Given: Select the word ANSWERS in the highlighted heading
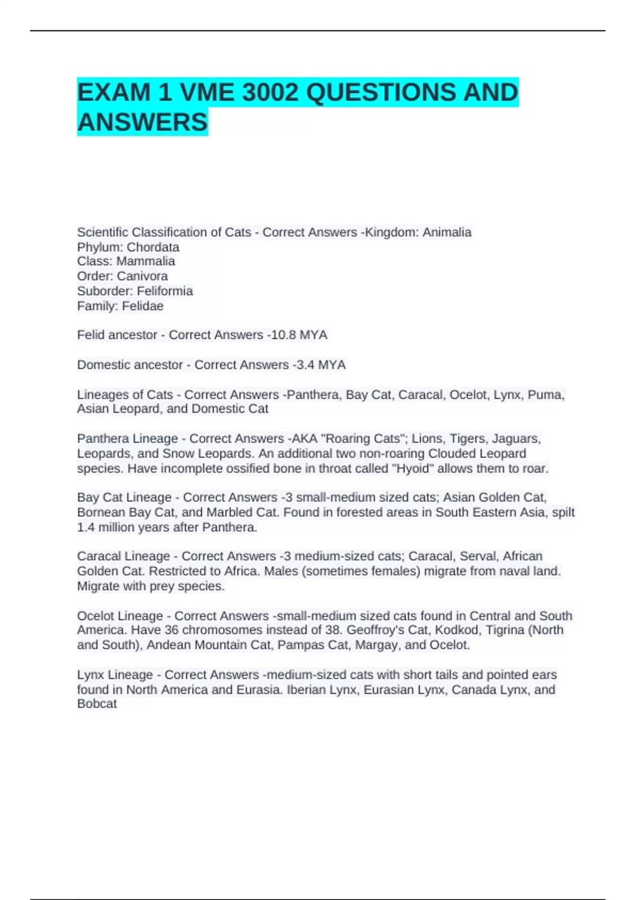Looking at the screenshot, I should (143, 122).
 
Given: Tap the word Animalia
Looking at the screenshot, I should (447, 232).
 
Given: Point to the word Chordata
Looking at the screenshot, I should (153, 247).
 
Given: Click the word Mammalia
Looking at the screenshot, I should (146, 261).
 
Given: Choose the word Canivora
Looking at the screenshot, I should (142, 276).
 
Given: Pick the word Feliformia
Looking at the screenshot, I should (165, 291).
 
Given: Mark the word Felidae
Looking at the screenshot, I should (143, 305).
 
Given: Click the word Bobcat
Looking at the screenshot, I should (97, 704).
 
